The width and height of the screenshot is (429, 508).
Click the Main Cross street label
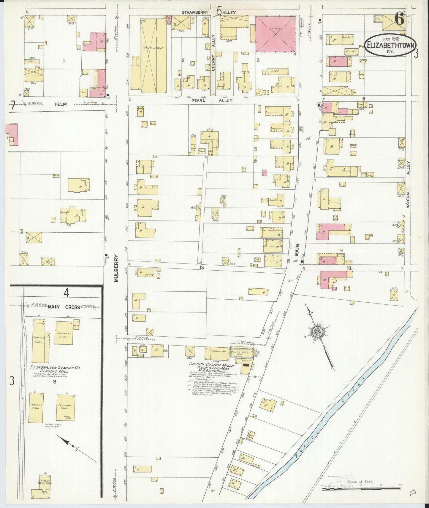pyautogui.click(x=64, y=307)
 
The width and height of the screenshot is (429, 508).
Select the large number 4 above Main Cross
pyautogui.click(x=66, y=293)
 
